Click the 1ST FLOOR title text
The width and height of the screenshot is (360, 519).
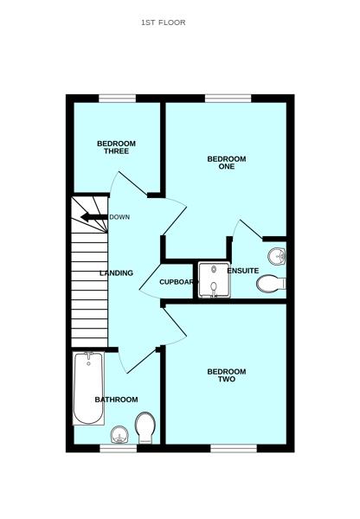pos(163,22)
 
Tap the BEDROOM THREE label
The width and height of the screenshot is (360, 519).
pos(115,147)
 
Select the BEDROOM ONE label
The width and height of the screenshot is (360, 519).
pos(226,163)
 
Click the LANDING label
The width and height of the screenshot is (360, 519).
pos(116,273)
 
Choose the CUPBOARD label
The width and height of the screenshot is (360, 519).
pos(178,282)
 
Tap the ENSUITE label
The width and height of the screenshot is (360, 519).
pos(242,271)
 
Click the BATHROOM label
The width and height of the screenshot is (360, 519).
pos(116,400)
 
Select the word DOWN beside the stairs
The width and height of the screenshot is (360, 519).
pos(119,217)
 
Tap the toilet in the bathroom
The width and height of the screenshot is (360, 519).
pos(145,426)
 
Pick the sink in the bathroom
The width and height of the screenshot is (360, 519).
pos(119,433)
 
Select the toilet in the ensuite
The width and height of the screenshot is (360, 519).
pos(271,282)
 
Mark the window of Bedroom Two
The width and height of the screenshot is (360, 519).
pos(234,447)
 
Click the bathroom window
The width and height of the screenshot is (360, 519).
pos(116,447)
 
